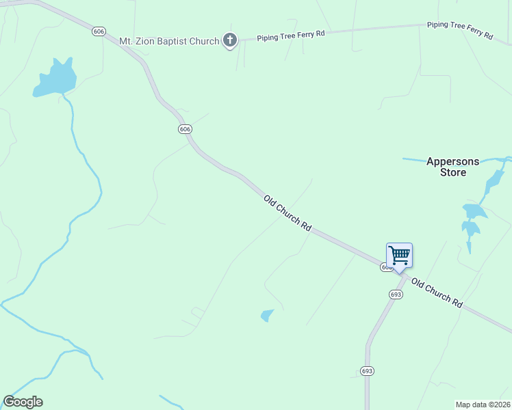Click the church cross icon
(230, 41)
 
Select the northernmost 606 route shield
(100, 31)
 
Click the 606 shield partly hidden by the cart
(386, 268)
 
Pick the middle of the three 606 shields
(184, 129)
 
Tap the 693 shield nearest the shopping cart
(396, 294)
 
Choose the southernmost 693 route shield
(367, 370)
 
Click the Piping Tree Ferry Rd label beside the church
(291, 35)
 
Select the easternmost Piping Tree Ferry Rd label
(460, 29)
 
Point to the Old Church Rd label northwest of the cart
(288, 215)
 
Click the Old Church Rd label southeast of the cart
(437, 292)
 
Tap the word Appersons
(452, 162)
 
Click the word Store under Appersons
(452, 173)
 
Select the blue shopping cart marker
(399, 256)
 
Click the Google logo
(23, 402)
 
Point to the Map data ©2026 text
(483, 405)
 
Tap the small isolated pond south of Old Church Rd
(267, 315)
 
